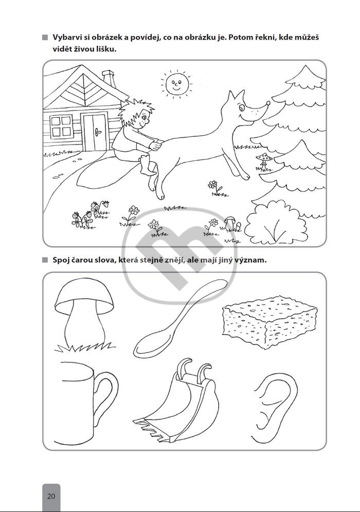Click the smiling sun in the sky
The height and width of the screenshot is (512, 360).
pyautogui.click(x=177, y=83)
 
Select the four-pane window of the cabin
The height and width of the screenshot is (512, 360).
pyautogui.click(x=61, y=126)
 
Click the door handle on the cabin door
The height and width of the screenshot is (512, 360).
pyautogui.click(x=97, y=132)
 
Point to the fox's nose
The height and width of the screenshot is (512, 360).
pyautogui.click(x=268, y=103)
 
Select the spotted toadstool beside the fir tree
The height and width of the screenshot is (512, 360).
pyautogui.click(x=264, y=161)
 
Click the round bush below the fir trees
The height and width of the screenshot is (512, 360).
pyautogui.click(x=276, y=223)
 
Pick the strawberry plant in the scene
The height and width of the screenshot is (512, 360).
pyautogui.click(x=90, y=214)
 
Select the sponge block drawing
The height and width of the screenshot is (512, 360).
pyautogui.click(x=269, y=322)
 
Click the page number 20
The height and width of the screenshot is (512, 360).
pyautogui.click(x=51, y=497)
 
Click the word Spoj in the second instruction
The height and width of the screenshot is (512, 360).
pyautogui.click(x=61, y=261)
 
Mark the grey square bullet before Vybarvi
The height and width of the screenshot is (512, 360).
pyautogui.click(x=45, y=38)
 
